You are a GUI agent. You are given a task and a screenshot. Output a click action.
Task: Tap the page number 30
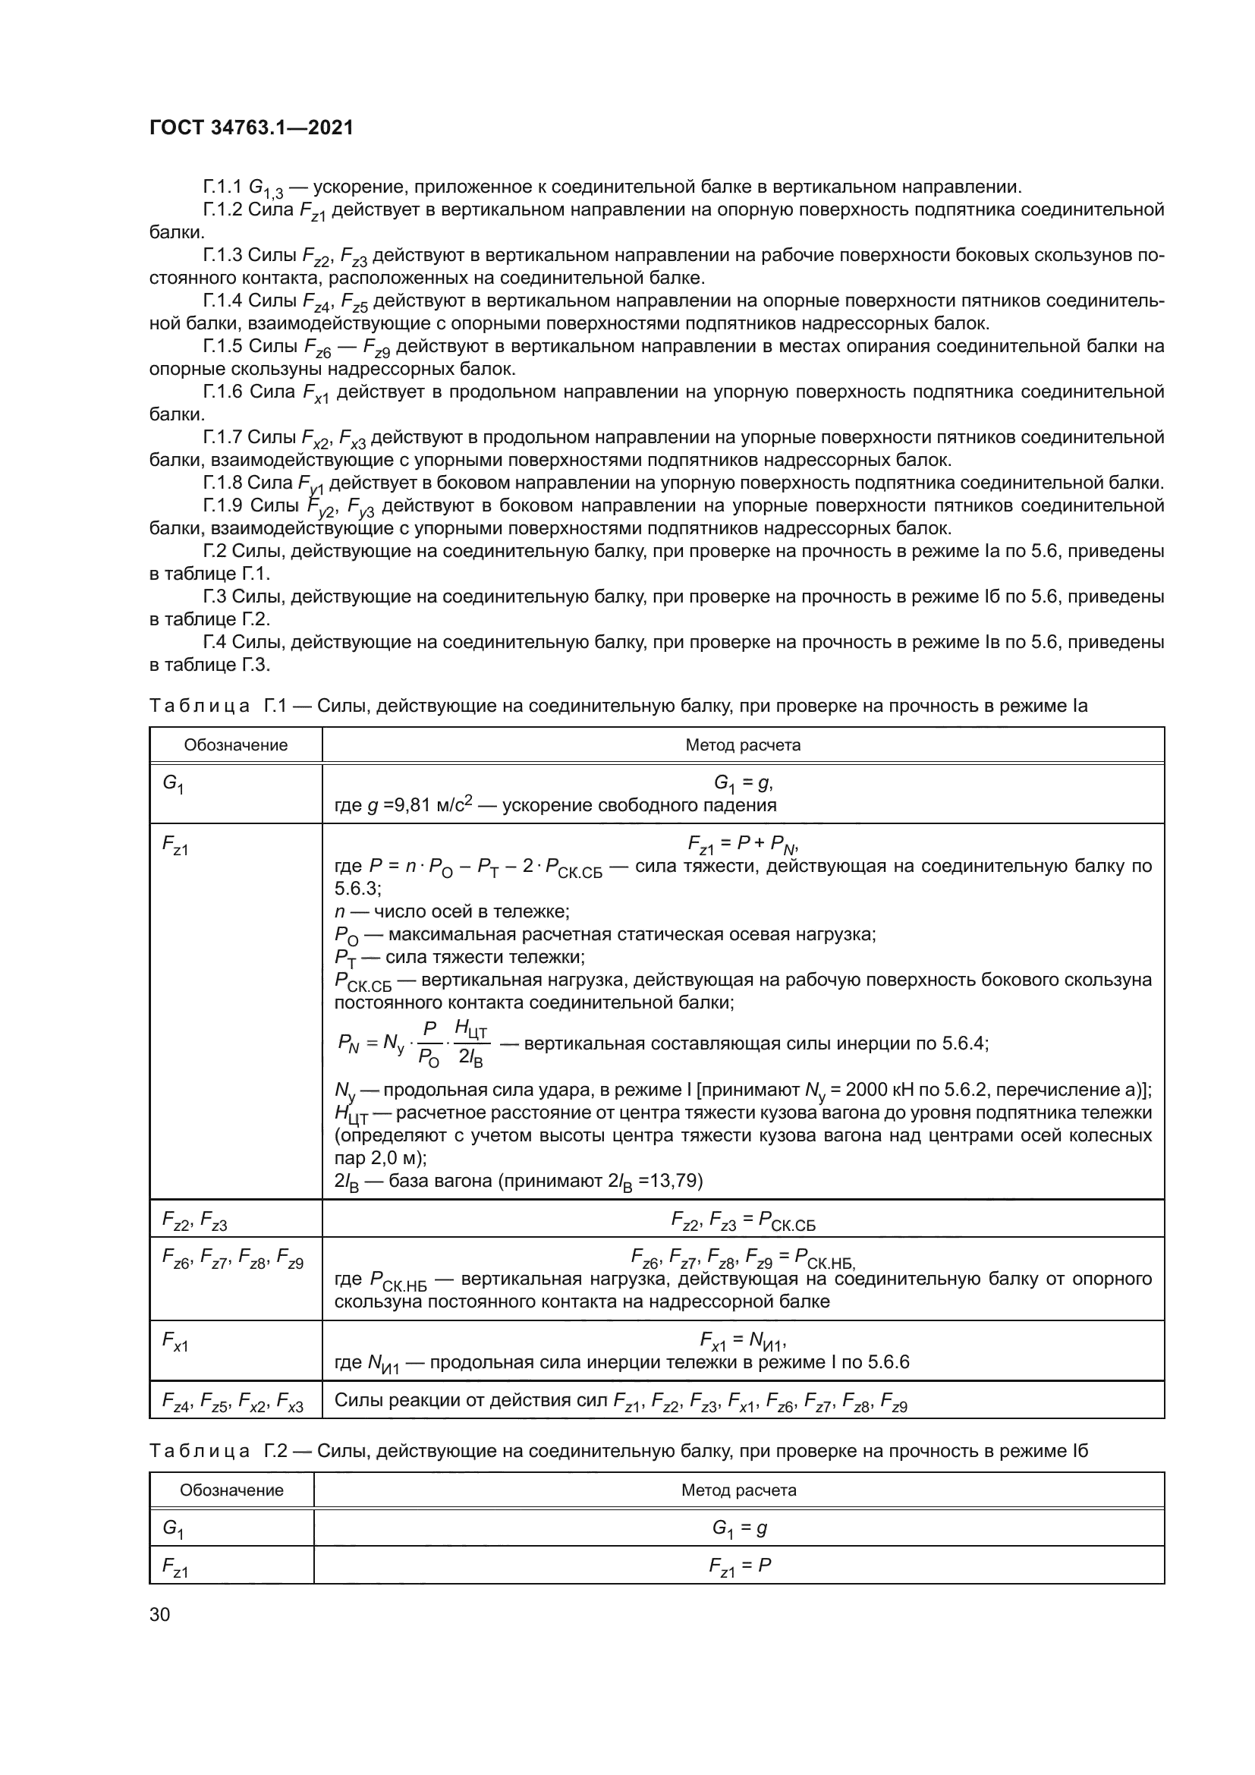[160, 1614]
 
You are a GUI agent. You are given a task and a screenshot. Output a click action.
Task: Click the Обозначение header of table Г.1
[236, 745]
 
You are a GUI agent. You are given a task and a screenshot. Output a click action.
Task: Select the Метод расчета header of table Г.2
[738, 1490]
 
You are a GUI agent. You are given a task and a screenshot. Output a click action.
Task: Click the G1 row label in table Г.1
[172, 784]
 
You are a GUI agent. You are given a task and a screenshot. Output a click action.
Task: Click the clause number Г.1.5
[222, 346]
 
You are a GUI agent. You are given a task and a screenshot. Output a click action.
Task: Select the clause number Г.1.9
[222, 506]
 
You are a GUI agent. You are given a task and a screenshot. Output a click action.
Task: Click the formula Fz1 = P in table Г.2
[740, 1566]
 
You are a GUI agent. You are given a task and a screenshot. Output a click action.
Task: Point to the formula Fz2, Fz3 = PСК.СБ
[743, 1221]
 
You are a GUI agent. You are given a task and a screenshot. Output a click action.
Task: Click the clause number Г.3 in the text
[214, 596]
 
